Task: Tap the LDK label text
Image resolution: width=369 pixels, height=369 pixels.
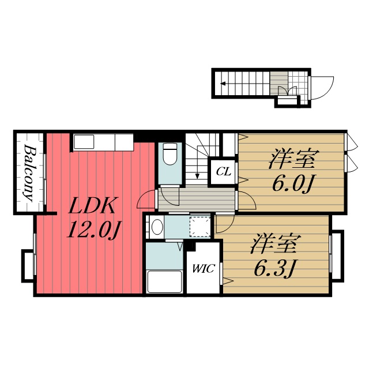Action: pyautogui.click(x=92, y=205)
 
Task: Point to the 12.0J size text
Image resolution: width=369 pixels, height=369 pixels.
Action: pyautogui.click(x=93, y=230)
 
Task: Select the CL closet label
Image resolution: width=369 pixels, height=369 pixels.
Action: pyautogui.click(x=223, y=172)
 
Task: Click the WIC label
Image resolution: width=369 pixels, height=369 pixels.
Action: pyautogui.click(x=204, y=269)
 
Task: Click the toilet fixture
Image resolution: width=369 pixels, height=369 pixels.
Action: pyautogui.click(x=170, y=154)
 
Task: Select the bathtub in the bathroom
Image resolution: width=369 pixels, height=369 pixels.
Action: pyautogui.click(x=164, y=281)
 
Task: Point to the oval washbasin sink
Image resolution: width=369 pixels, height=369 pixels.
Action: pyautogui.click(x=157, y=227)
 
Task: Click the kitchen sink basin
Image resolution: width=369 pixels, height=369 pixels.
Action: pyautogui.click(x=84, y=142)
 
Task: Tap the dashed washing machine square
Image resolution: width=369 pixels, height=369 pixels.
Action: pyautogui.click(x=200, y=227)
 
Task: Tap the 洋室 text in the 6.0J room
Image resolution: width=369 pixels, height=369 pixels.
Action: pyautogui.click(x=293, y=159)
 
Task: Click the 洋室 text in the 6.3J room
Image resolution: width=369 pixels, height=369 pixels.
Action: pyautogui.click(x=276, y=243)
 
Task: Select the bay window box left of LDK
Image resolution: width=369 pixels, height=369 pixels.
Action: pyautogui.click(x=28, y=265)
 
